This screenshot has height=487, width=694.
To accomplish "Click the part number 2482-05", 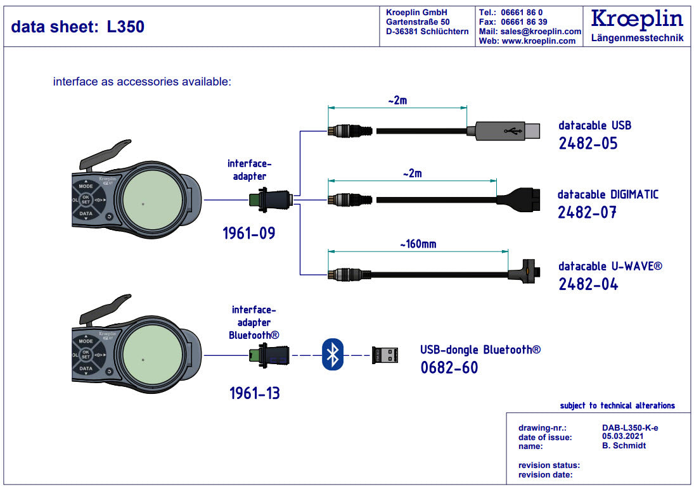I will click(x=588, y=143).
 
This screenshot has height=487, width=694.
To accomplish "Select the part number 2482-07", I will click(x=587, y=212).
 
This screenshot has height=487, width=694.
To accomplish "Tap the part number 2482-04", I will click(x=588, y=284).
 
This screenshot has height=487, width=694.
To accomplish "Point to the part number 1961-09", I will click(x=249, y=234).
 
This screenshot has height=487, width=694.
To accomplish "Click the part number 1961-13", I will click(x=254, y=393).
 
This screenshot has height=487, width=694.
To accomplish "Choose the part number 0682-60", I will click(x=449, y=367).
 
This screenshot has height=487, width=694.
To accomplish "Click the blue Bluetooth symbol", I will click(x=332, y=354).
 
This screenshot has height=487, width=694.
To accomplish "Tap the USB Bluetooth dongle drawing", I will click(x=385, y=354).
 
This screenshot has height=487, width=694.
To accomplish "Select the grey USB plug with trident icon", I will click(x=504, y=131).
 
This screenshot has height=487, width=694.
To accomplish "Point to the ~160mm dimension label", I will click(x=417, y=244).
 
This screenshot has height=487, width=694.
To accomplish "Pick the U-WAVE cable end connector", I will click(x=525, y=272).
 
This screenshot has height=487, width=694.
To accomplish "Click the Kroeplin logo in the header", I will click(x=637, y=19).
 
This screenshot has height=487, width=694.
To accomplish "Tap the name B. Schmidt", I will click(x=624, y=445).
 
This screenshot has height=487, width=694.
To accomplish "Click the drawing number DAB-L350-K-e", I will click(x=629, y=427).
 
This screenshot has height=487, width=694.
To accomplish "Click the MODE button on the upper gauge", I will click(x=86, y=187).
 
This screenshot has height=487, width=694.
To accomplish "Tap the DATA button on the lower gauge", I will click(x=86, y=367).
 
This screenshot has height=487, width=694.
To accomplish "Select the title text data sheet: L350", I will click(x=78, y=27).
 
